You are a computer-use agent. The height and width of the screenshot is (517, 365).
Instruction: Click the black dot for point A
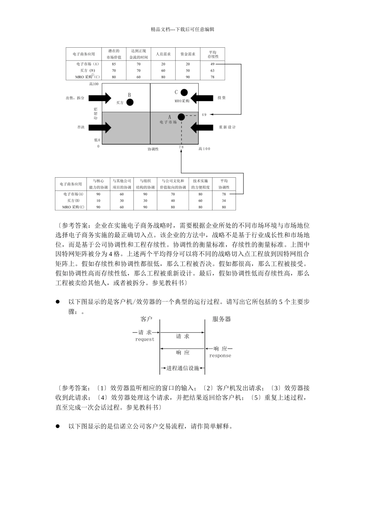[x=181, y=117]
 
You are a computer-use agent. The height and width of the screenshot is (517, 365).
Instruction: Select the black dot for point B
[x=130, y=102]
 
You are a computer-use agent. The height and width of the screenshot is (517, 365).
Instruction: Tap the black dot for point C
[x=184, y=92]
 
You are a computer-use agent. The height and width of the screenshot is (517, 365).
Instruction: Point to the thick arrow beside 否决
[x=101, y=127]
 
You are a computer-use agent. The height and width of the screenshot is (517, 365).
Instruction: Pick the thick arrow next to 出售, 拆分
[x=101, y=98]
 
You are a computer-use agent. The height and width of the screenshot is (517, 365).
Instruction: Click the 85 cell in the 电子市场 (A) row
[x=114, y=64]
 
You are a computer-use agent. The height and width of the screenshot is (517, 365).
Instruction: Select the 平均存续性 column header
[x=212, y=54]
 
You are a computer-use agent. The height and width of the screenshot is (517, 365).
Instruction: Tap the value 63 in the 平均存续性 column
[x=212, y=71]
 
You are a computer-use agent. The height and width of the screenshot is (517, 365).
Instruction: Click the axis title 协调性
[x=153, y=149]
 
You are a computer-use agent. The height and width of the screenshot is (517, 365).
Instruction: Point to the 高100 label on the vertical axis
[x=94, y=84]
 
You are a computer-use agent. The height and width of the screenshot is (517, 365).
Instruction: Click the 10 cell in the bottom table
[x=98, y=201]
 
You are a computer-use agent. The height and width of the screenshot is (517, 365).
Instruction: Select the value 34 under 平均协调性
[x=224, y=201]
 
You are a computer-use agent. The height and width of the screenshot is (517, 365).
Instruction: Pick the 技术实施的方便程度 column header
[x=200, y=184]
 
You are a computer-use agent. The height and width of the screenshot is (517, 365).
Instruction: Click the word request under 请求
[x=144, y=340]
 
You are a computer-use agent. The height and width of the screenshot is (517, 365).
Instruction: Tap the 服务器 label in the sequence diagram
[x=222, y=319]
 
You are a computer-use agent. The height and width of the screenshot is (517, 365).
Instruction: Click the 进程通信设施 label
[x=183, y=369]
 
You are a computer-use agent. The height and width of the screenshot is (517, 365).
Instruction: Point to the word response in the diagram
[x=220, y=356]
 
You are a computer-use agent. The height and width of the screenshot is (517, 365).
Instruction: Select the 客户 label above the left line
[x=146, y=319]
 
